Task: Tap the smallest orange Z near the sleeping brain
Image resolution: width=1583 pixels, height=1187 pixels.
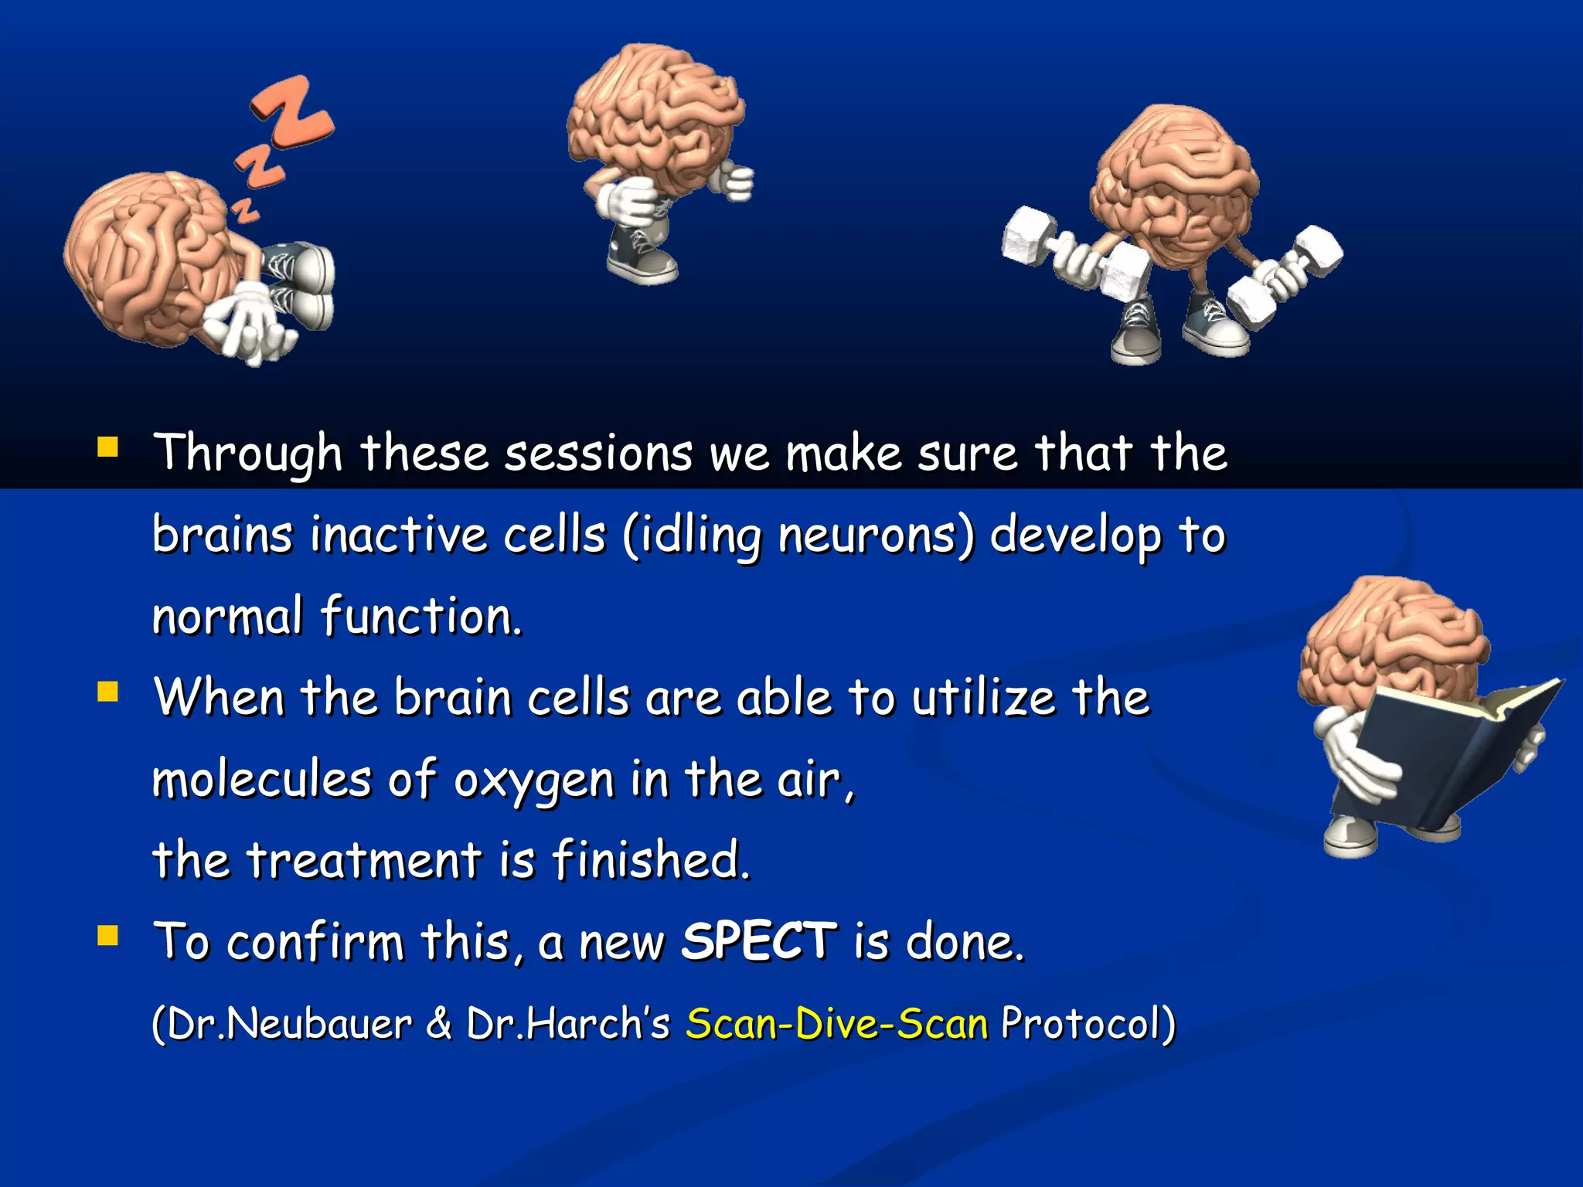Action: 246,209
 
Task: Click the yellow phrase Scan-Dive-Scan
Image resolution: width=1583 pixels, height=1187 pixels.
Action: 837,1023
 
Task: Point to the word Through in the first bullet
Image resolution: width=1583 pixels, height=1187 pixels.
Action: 247,453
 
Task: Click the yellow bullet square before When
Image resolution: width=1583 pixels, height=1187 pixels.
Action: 107,691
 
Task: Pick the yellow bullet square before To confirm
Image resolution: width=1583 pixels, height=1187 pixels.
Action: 107,936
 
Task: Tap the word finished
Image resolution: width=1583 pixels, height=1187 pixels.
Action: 649,859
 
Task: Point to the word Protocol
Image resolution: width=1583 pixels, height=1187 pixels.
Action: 1082,1023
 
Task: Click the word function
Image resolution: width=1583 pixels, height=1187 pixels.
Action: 421,617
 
